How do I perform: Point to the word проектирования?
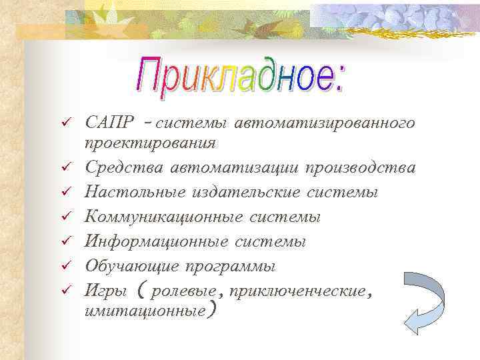click(150, 143)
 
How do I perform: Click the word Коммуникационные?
click(163, 217)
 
